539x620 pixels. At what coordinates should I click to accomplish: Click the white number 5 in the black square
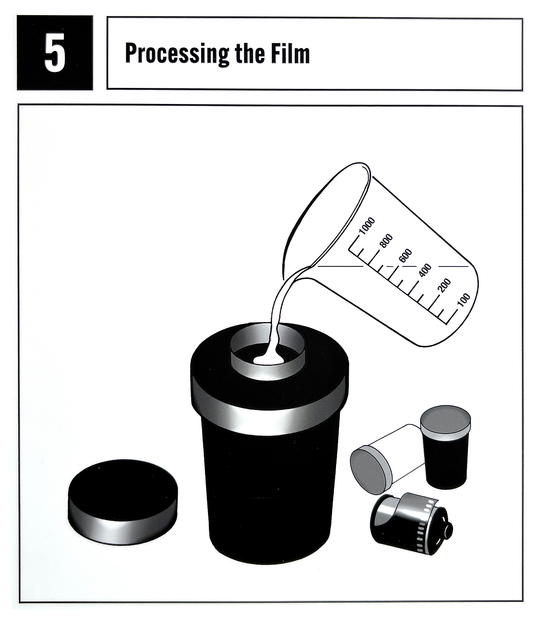(55, 53)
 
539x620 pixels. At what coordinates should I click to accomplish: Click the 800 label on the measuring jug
(386, 241)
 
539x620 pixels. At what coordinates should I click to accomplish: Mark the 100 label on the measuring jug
(464, 300)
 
